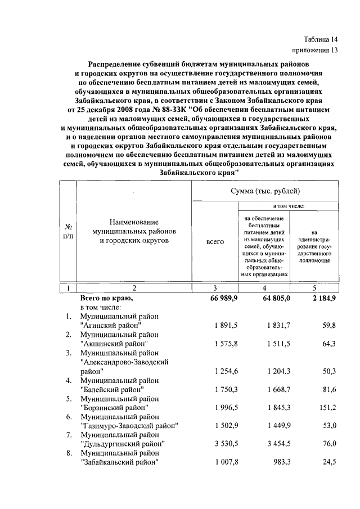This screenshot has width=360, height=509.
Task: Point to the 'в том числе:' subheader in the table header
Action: [x=289, y=206]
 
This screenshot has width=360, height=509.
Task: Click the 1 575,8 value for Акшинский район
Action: [x=227, y=343]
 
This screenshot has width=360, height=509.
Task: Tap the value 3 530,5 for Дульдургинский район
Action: [x=227, y=444]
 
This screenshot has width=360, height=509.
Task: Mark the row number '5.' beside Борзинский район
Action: [x=68, y=399]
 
